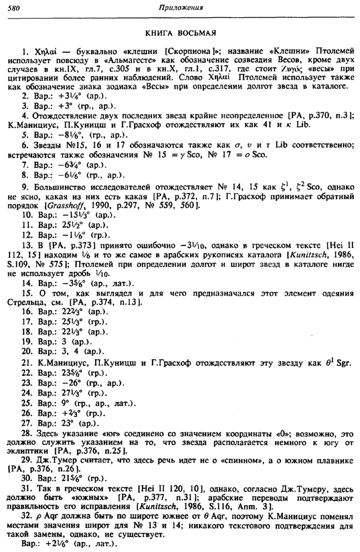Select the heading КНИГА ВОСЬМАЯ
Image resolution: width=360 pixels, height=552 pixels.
(179, 33)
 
